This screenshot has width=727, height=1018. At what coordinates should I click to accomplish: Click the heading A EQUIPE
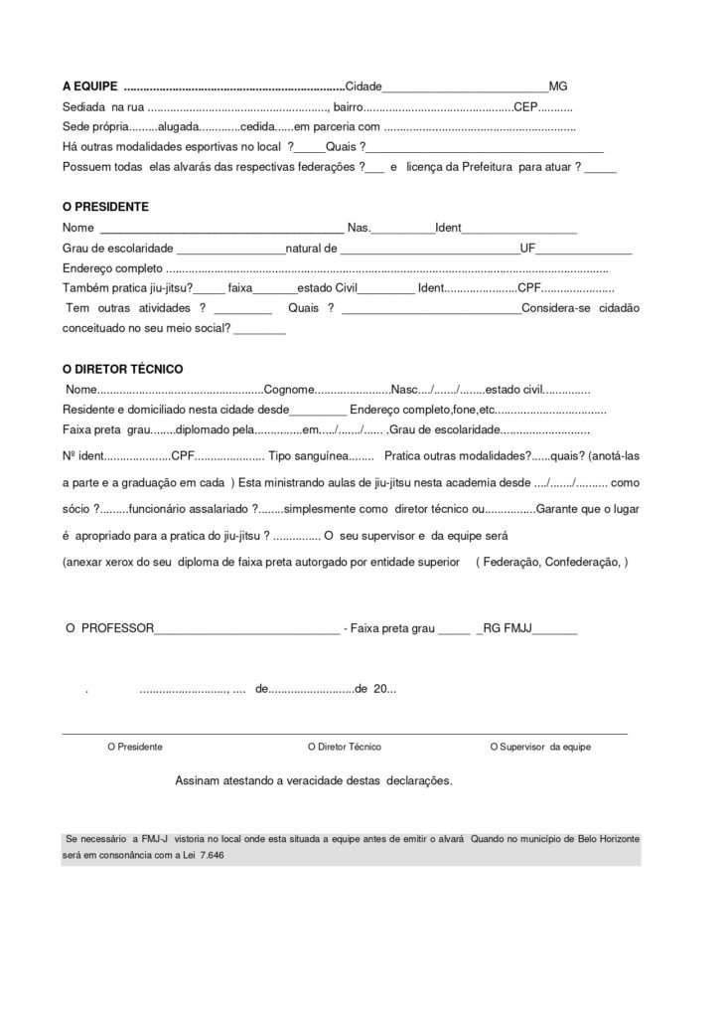90,86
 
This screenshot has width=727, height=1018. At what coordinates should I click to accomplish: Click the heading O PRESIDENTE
105,207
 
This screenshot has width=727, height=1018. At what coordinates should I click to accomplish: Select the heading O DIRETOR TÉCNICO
122,368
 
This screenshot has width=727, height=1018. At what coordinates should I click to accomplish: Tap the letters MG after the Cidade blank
558,86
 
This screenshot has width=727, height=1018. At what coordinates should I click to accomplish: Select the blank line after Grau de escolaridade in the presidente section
230,249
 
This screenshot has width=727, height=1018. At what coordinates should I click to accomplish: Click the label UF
528,248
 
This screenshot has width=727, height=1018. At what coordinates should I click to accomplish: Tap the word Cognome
292,389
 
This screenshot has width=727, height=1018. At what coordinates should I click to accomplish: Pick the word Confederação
582,562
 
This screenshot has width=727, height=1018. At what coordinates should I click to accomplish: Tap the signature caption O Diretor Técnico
345,747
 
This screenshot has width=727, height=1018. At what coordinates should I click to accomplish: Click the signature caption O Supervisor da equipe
540,747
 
